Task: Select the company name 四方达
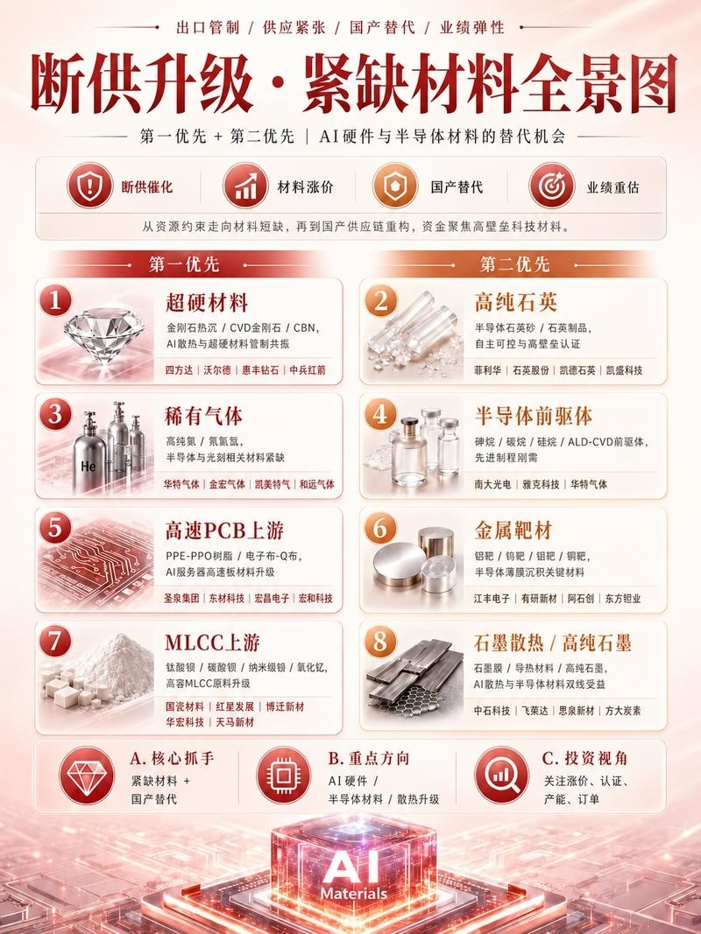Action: click(x=180, y=370)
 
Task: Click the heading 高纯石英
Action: click(x=515, y=303)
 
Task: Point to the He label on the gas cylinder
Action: click(x=89, y=467)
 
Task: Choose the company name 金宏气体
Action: click(x=227, y=484)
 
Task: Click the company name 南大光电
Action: click(x=492, y=484)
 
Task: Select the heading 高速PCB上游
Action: click(x=224, y=530)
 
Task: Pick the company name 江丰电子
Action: click(x=492, y=599)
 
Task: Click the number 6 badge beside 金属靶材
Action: click(x=379, y=528)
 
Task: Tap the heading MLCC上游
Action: click(x=212, y=643)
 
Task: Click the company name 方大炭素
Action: click(x=623, y=711)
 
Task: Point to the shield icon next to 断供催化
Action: click(x=89, y=186)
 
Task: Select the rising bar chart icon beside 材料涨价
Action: click(x=245, y=186)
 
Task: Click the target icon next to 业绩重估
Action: click(x=552, y=186)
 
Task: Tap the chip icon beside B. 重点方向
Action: click(x=284, y=775)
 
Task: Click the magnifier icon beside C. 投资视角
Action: click(x=501, y=775)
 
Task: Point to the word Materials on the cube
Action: click(x=353, y=894)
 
